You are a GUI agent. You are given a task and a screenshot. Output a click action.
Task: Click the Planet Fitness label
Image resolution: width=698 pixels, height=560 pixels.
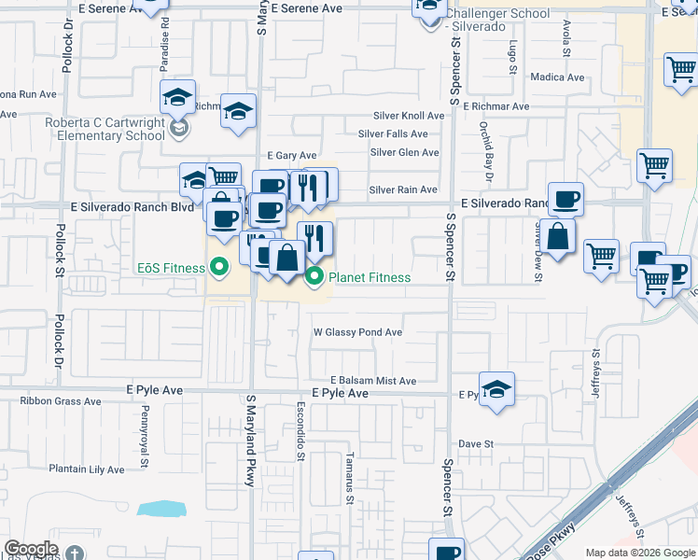pyautogui.click(x=370, y=277)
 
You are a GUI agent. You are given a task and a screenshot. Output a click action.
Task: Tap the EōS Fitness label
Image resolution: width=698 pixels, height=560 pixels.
pyautogui.click(x=171, y=269)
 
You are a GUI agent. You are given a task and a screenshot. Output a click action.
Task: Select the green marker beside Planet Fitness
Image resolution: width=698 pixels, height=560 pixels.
pyautogui.click(x=314, y=276)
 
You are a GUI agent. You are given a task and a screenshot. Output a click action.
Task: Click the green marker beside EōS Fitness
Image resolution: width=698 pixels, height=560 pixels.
pyautogui.click(x=219, y=268)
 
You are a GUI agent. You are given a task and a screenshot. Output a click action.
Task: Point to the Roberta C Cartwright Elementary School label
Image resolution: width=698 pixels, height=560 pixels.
pyautogui.click(x=105, y=129)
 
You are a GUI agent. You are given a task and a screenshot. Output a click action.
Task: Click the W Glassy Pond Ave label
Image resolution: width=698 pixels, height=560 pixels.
pyautogui.click(x=357, y=332)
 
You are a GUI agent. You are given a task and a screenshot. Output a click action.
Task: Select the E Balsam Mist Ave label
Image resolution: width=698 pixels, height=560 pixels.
pyautogui.click(x=364, y=381)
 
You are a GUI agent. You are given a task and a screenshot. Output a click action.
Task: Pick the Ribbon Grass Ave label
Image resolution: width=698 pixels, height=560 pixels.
pyautogui.click(x=61, y=401)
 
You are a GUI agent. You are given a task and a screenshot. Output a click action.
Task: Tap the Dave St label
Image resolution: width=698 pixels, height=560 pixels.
pyautogui.click(x=475, y=443)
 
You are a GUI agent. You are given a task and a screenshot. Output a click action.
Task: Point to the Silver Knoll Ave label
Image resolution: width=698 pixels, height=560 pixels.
pyautogui.click(x=408, y=116)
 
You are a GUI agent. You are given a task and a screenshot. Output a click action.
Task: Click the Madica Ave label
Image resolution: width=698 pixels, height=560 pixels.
pyautogui.click(x=556, y=77)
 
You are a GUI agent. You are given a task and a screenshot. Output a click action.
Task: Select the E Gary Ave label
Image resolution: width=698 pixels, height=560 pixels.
pyautogui.click(x=291, y=155)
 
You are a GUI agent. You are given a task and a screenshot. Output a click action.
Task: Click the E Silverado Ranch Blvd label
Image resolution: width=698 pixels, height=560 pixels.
pyautogui.click(x=132, y=206)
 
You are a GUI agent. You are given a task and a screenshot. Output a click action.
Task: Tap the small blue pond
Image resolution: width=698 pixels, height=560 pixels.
pyautogui.click(x=161, y=509)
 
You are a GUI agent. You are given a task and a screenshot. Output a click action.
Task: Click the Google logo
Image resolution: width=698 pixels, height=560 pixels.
pyautogui.click(x=31, y=549)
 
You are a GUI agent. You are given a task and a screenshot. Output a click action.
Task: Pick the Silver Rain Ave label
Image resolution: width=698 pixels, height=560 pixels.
pyautogui.click(x=403, y=189)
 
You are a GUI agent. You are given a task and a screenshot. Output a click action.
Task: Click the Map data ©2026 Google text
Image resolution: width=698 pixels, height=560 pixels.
pyautogui.click(x=639, y=553)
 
